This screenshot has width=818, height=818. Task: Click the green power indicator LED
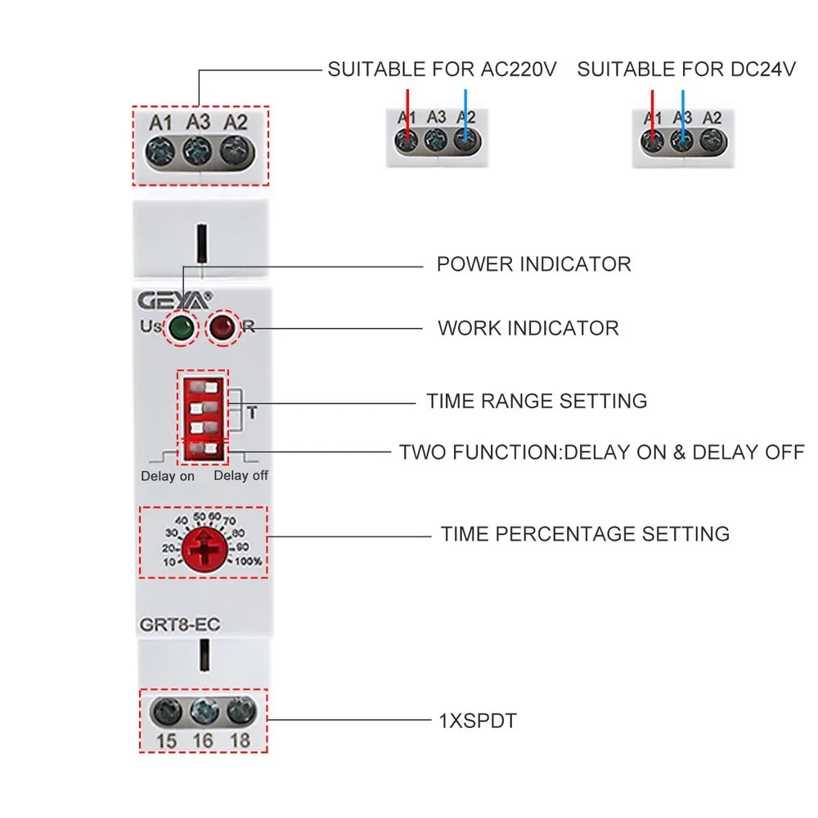point(181,330)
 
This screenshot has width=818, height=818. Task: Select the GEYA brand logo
point(173,300)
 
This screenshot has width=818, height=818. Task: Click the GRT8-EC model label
point(173,625)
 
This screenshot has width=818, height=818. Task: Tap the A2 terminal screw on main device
point(235,150)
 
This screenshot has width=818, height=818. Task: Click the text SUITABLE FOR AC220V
point(442,70)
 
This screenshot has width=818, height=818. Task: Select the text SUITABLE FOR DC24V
point(686,70)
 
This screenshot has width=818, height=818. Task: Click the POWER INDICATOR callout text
point(533,265)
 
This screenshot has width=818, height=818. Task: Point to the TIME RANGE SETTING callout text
point(536,402)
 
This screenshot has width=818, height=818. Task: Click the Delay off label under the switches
point(240,476)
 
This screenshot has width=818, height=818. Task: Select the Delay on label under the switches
point(167,476)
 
